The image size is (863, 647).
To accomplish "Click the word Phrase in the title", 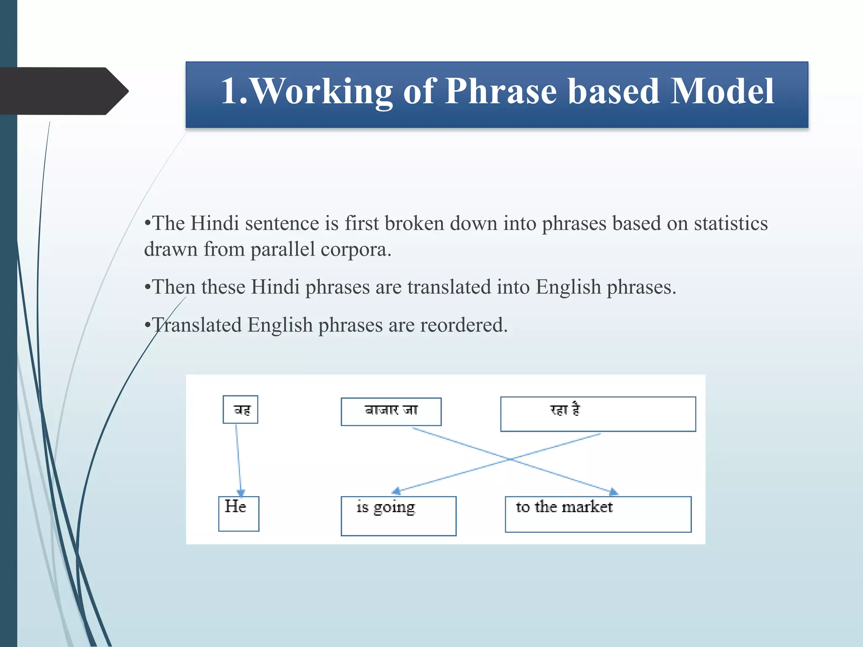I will coord(501,91).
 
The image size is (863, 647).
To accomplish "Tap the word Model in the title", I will coord(722,91).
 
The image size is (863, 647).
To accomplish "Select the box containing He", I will coord(239,513).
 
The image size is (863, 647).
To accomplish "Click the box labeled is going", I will coord(398,516).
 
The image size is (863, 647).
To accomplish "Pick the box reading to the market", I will coord(598,514).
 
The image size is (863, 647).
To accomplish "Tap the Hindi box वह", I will coord(240,409).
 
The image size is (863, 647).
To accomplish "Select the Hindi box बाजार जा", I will coord(391,412).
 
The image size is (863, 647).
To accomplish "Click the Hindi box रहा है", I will coord(598,414).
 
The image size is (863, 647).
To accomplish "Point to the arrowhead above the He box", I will coord(241,493).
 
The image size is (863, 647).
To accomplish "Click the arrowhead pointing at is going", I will coord(396,491).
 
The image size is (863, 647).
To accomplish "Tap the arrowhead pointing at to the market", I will coord(614,492).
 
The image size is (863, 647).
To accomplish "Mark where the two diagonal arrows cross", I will coord(510,459).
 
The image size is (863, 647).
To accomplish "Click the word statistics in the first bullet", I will coord(730,223).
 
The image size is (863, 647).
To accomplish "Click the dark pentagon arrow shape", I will coord(63,91).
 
